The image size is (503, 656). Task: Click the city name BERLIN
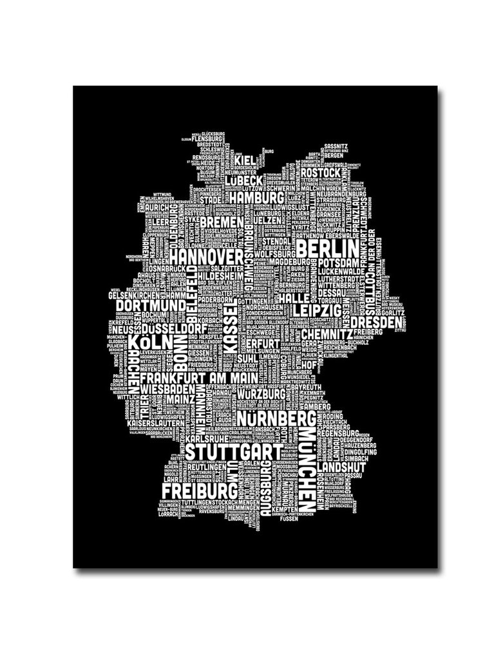tap(328, 248)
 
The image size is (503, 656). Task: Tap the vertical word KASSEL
tap(231, 328)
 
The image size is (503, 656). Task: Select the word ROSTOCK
tap(319, 173)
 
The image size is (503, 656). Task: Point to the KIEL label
tap(244, 160)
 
